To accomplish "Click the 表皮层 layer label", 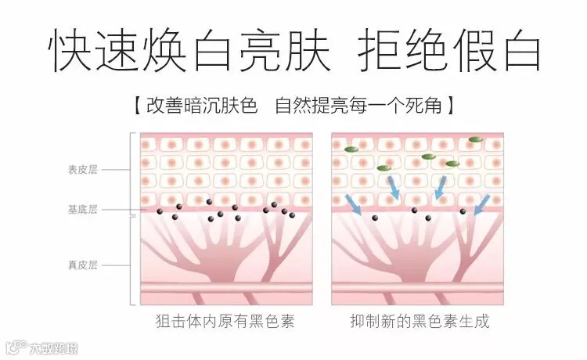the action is (x=82, y=168).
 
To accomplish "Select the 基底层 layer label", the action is (x=82, y=210).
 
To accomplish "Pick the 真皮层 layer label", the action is (x=82, y=265).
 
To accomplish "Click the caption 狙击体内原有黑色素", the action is (x=225, y=322).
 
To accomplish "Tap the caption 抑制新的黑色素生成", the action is (x=420, y=322).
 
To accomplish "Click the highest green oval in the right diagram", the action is (x=475, y=140).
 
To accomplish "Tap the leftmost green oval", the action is (x=351, y=149).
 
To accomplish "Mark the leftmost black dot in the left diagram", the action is (x=160, y=211).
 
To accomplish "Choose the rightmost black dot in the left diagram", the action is (x=293, y=214).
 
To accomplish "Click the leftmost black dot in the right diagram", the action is (x=375, y=218).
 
